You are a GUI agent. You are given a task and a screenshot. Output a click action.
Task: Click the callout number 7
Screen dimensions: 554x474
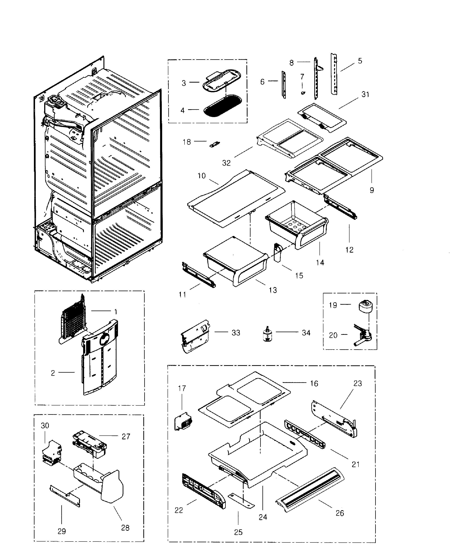pos(302,77)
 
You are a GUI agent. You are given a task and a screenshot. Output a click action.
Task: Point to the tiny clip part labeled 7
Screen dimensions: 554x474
pos(303,93)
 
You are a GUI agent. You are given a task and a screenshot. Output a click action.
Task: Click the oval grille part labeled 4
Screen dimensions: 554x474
pos(223,107)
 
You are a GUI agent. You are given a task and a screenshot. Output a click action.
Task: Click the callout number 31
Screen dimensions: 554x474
pos(365,94)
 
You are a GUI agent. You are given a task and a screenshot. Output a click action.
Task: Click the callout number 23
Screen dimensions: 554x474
pos(358,383)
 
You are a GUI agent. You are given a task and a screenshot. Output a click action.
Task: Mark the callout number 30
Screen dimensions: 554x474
pos(45,425)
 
